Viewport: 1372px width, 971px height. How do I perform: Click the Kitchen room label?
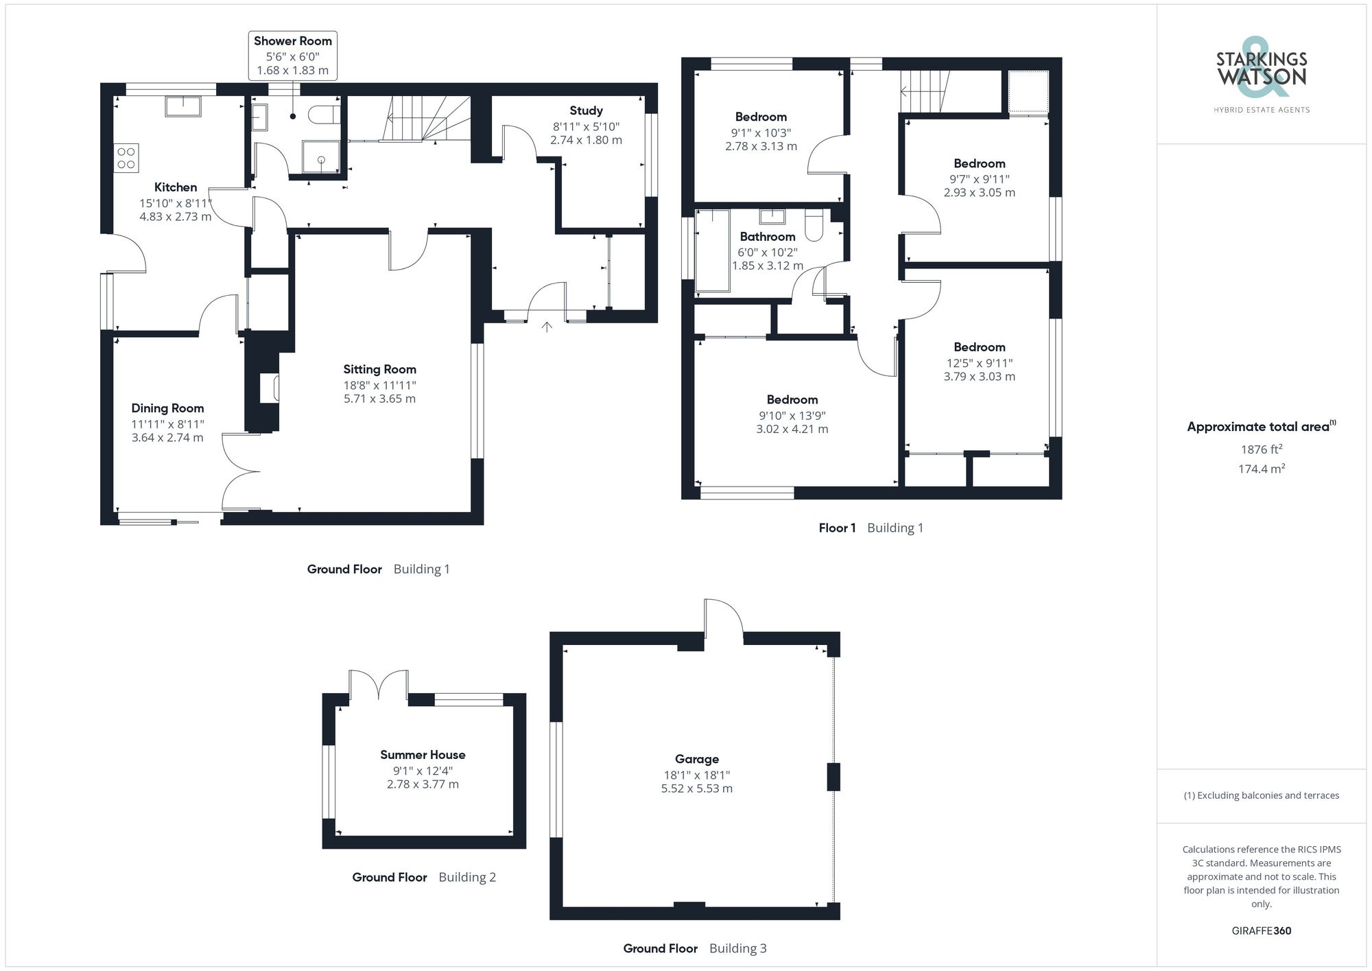[176, 187]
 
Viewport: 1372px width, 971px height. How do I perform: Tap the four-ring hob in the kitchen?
[126, 157]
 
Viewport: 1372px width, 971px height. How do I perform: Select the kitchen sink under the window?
[183, 107]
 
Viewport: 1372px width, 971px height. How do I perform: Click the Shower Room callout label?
[293, 41]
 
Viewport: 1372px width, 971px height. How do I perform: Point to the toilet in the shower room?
[324, 114]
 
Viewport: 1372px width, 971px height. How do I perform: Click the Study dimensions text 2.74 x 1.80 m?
[586, 140]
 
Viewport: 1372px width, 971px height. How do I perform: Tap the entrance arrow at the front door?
[547, 327]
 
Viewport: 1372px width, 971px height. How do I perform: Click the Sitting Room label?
[379, 369]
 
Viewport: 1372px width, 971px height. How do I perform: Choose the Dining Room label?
[167, 408]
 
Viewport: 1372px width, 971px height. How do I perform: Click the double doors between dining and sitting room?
[240, 472]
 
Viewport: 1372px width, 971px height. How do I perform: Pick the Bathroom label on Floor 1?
[767, 237]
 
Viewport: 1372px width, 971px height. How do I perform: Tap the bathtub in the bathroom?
[712, 251]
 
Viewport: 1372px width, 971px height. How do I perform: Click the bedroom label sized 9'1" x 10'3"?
[761, 117]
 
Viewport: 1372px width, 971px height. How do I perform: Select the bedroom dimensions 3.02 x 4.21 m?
[792, 430]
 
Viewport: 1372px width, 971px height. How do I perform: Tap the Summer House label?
[423, 755]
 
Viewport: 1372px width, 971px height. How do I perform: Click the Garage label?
[696, 759]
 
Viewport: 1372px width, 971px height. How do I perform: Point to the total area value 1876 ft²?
[1261, 449]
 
